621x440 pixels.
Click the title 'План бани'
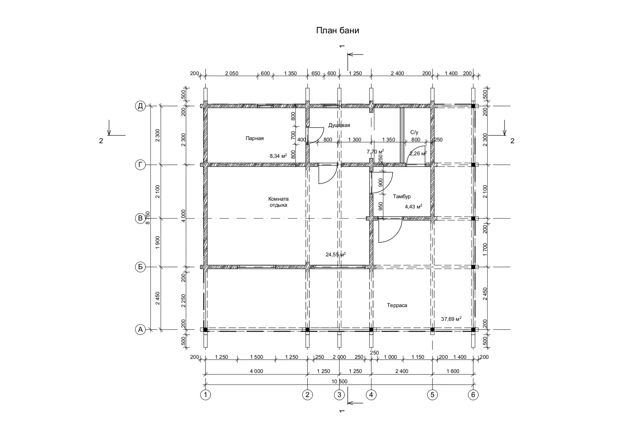[337, 31]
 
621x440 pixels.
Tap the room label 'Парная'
[254, 138]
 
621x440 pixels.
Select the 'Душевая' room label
[339, 125]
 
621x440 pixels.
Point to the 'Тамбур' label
[402, 197]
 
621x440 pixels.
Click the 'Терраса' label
[397, 305]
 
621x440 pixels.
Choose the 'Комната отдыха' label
[278, 202]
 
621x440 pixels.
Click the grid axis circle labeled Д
[140, 106]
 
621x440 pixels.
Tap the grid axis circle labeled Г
[140, 165]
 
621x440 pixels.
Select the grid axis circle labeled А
[140, 329]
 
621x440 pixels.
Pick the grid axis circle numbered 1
[206, 395]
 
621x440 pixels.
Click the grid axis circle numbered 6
[473, 395]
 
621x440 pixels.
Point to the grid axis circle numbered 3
[339, 395]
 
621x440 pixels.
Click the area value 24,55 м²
[336, 254]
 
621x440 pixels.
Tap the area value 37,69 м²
[451, 319]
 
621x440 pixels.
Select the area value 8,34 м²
[278, 156]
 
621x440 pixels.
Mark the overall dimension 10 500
[339, 382]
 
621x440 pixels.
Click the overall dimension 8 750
[148, 218]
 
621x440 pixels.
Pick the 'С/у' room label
[414, 132]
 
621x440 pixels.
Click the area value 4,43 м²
[414, 206]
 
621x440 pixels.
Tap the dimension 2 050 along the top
[231, 73]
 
